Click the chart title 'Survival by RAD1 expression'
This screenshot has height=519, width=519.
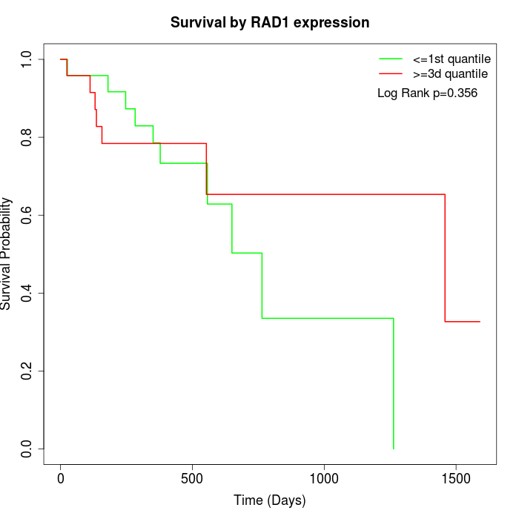[270, 23]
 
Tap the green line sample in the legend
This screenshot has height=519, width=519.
[391, 59]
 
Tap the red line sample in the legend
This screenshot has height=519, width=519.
[391, 74]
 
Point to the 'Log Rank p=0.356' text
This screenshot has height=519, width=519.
[427, 93]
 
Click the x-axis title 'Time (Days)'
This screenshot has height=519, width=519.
[270, 501]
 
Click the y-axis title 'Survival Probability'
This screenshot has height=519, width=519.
[7, 254]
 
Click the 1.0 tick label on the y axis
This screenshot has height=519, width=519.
[27, 59]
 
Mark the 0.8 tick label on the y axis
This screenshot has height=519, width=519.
[27, 137]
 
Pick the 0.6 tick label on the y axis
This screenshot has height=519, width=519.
[27, 215]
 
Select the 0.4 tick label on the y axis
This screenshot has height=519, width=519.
[27, 293]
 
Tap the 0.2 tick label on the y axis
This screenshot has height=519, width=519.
[27, 371]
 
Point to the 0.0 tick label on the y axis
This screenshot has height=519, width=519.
[27, 449]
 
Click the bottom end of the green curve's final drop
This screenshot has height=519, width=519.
[393, 449]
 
